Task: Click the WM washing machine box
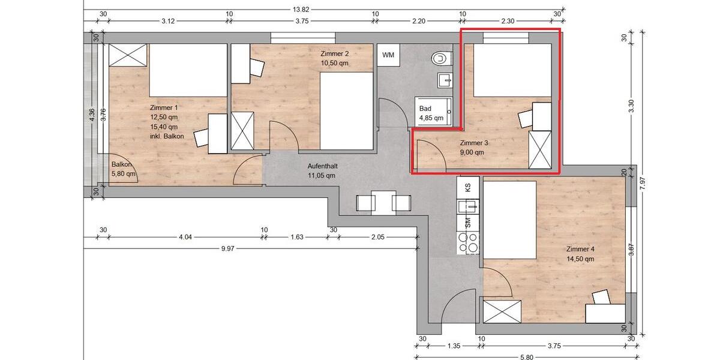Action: (x=388, y=55)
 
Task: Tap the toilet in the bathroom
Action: (x=440, y=58)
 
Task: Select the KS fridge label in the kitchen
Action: (x=468, y=187)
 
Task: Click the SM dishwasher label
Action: (x=468, y=223)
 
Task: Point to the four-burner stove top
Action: (x=468, y=242)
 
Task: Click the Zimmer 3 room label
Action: (x=474, y=143)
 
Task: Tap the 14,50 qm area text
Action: (x=580, y=259)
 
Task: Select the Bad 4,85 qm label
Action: (x=431, y=113)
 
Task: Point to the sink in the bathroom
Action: (x=445, y=79)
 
